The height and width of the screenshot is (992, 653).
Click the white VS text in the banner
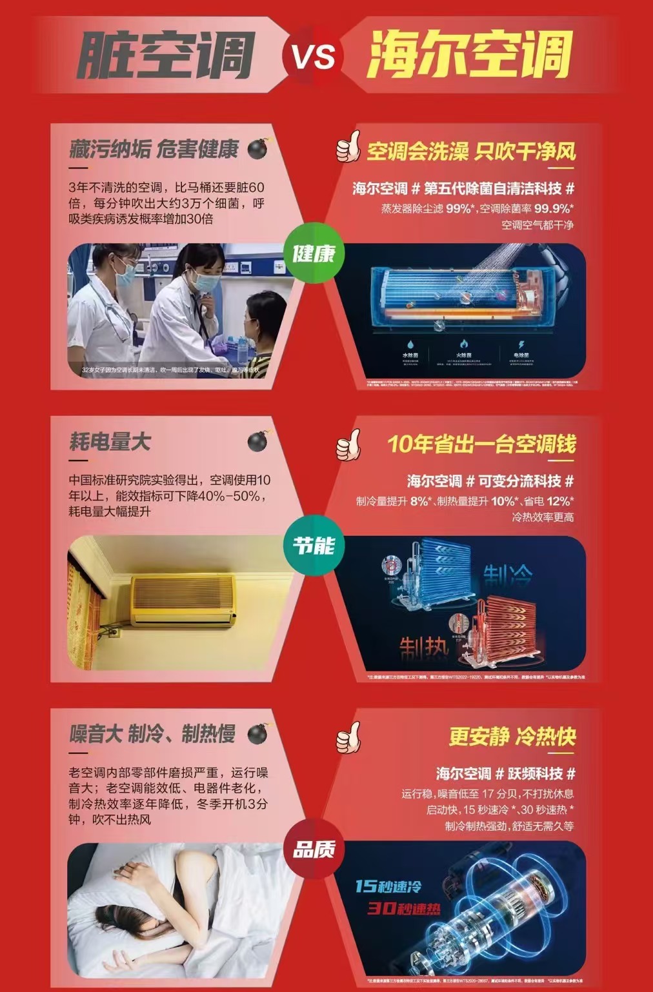pos(314,56)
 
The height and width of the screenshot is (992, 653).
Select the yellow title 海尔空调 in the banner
pos(470,55)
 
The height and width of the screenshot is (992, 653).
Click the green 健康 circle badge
pos(314,253)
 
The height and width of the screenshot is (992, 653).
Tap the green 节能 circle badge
pos(314,546)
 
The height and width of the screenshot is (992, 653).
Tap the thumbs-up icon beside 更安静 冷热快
pos(349,737)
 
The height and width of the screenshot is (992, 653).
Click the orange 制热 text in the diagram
pos(423,647)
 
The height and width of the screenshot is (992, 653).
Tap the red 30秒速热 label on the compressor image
pos(404,908)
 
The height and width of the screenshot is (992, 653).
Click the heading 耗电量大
pos(110,442)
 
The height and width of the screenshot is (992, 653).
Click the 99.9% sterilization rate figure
pos(553,208)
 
